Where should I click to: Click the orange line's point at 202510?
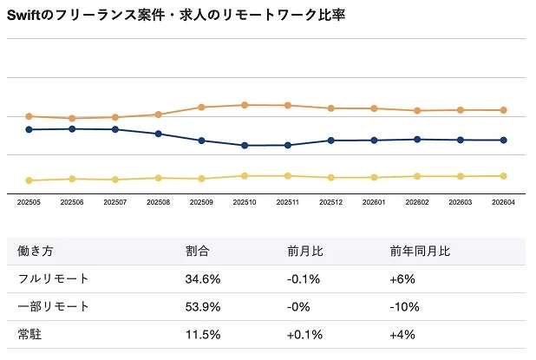(x=245, y=105)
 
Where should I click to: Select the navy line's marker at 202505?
(x=29, y=129)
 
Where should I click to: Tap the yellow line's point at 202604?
(x=504, y=175)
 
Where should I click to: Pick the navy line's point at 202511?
(x=288, y=145)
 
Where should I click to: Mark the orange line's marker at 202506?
(x=73, y=118)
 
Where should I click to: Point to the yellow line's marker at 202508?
(x=159, y=178)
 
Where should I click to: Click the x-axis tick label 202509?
(x=201, y=202)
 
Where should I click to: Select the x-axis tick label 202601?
(x=374, y=202)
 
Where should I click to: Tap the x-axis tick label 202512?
(x=330, y=202)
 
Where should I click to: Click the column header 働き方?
(x=36, y=252)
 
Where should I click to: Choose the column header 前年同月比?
(x=420, y=252)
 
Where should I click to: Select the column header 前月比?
(x=305, y=252)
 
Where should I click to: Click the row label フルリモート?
(x=54, y=279)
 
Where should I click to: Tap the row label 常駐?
(x=29, y=334)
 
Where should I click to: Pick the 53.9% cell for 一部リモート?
(x=203, y=307)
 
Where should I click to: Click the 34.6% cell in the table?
(x=203, y=279)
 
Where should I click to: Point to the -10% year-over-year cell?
(x=405, y=307)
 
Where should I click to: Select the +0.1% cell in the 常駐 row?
(x=304, y=334)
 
